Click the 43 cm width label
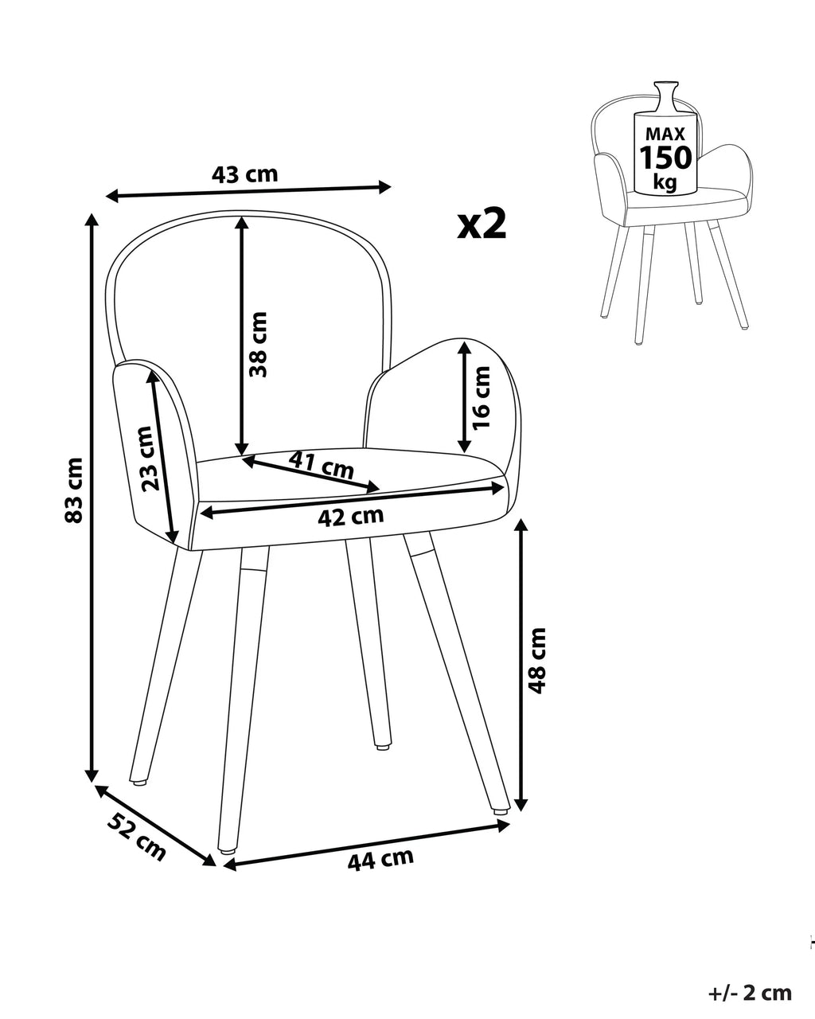click(x=244, y=175)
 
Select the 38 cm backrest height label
click(x=258, y=344)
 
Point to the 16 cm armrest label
click(x=482, y=397)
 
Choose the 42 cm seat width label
click(x=350, y=517)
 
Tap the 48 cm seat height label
click(x=536, y=661)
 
